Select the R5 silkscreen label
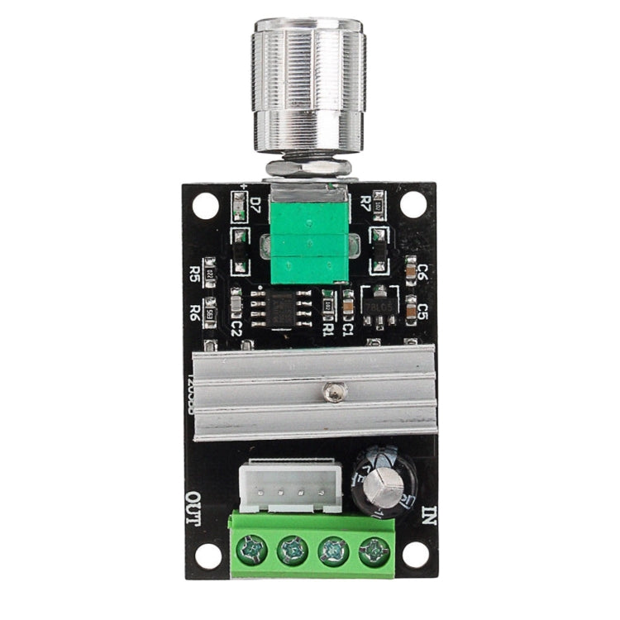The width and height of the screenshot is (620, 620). pos(195,274)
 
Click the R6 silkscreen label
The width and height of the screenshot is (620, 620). pos(195,312)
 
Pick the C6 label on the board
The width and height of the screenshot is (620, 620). pos(422,272)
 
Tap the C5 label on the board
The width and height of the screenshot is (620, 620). pos(422,312)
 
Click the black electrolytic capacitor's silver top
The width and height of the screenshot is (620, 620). pos(381,489)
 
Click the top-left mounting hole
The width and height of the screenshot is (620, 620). pos(206,203)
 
